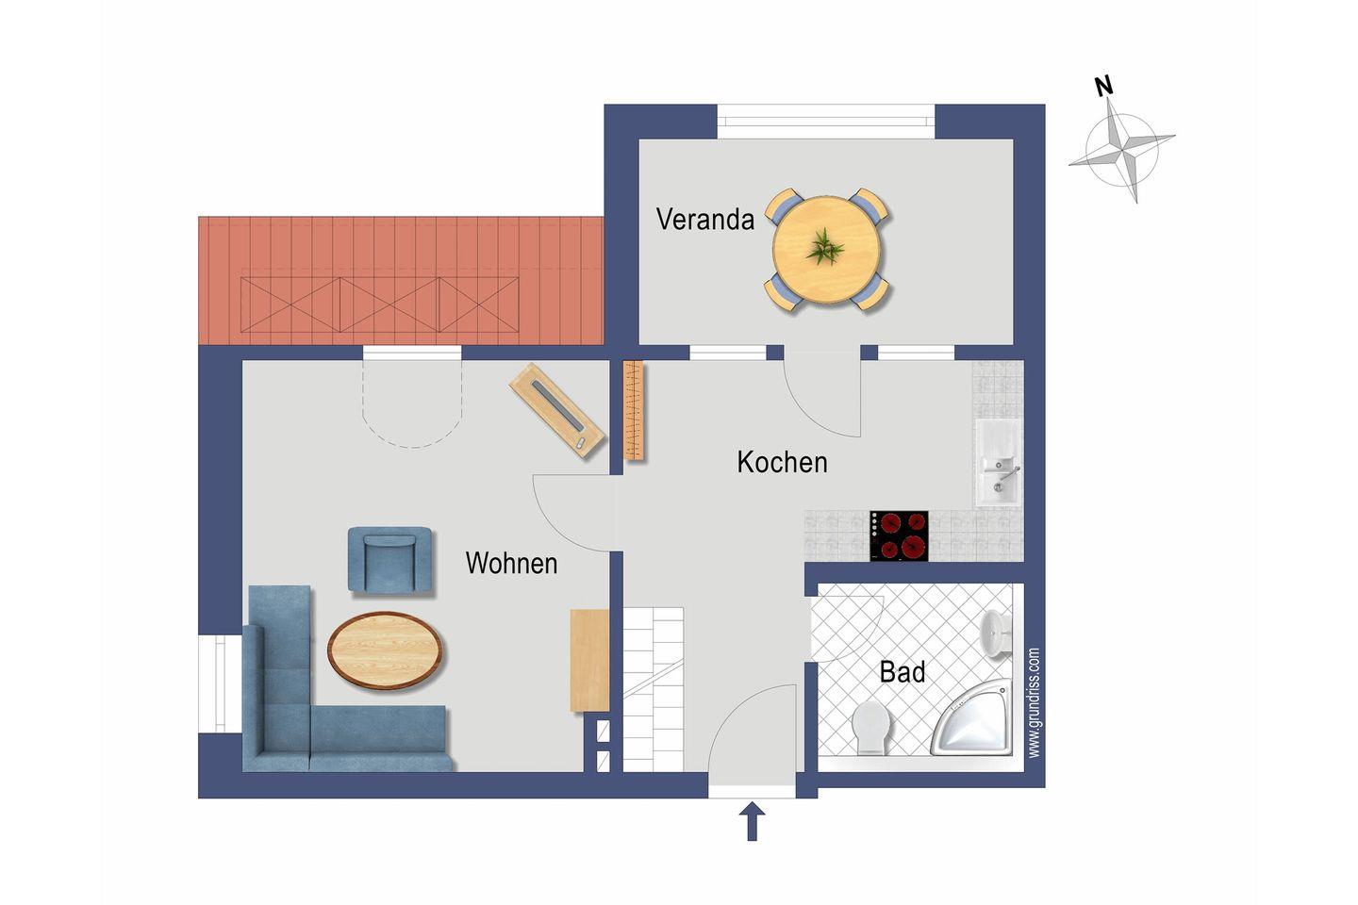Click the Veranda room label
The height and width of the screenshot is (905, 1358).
pos(705,220)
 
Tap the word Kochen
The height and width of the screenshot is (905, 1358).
pos(782,463)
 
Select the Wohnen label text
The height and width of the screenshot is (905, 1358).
pos(511,564)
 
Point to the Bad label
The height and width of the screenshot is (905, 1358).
pos(903,672)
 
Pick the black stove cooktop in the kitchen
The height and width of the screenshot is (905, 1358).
pos(899,535)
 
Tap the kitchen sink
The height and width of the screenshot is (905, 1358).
pos(998,465)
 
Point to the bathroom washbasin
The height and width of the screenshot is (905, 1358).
pos(997,633)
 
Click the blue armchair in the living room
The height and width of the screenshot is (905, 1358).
pos(390,559)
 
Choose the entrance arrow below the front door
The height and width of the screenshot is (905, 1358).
pos(752,821)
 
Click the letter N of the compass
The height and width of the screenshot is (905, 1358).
pos(1104,87)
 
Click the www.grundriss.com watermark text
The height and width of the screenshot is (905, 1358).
pos(1034,702)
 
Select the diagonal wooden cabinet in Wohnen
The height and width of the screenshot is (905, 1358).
pos(557,411)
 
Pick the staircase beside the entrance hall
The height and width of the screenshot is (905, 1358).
pos(653,690)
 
